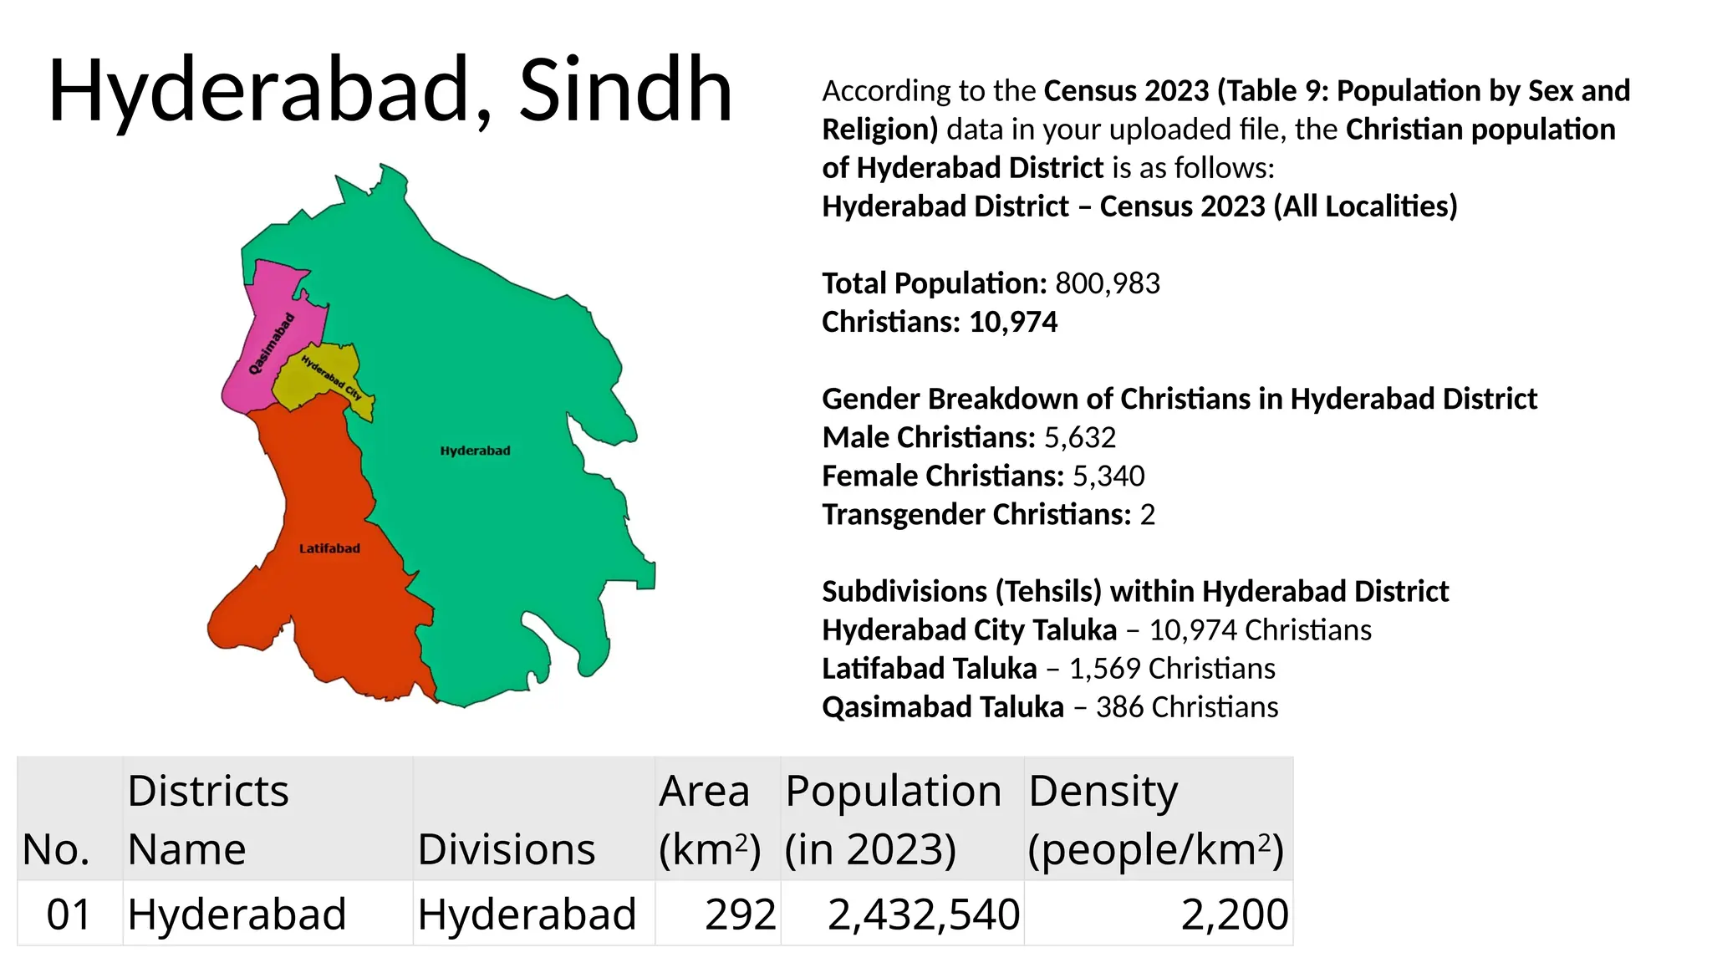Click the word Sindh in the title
[625, 89]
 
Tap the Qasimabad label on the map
[273, 344]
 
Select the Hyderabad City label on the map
[331, 378]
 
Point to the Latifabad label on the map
[329, 548]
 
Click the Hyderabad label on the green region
[475, 451]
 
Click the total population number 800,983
[1108, 283]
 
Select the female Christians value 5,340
[1108, 476]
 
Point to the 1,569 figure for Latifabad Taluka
[1104, 669]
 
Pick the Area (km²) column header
[709, 819]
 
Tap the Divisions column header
[507, 849]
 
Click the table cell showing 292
[740, 914]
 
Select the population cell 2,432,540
[923, 914]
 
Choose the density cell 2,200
[1234, 914]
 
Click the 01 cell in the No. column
[69, 914]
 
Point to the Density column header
[1155, 819]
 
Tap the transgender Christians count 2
[1148, 514]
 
